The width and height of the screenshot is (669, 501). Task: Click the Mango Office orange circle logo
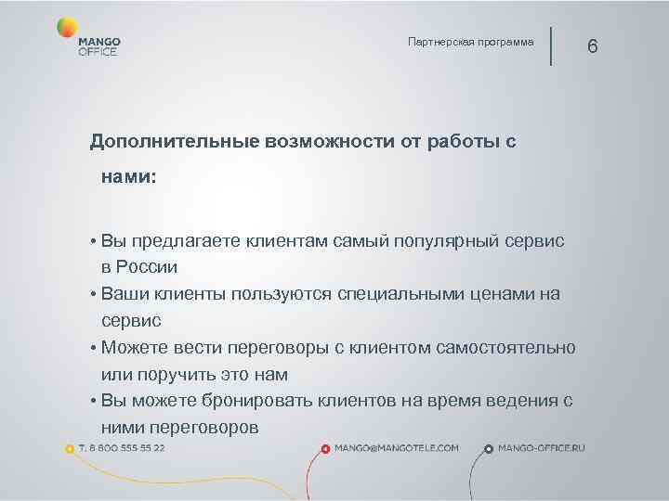click(66, 28)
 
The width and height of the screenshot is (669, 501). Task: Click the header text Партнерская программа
click(471, 43)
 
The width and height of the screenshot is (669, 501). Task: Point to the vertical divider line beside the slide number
click(551, 45)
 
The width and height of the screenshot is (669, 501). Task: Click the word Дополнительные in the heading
click(173, 142)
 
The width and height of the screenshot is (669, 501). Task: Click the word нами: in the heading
click(129, 175)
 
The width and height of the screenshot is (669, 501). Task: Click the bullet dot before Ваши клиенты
click(95, 295)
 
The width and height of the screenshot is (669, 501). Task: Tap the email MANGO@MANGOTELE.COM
click(397, 447)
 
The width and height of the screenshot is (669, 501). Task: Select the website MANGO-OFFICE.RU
click(542, 447)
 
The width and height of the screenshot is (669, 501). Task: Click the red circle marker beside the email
click(324, 448)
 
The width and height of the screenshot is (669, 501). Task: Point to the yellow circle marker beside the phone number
click(70, 448)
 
